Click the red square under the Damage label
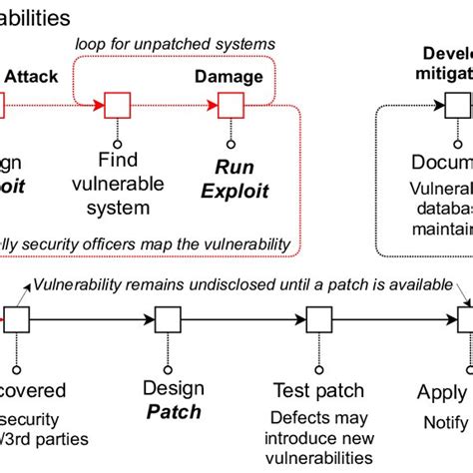(232, 104)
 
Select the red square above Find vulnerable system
(119, 104)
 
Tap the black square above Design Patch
(169, 319)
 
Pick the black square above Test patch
(319, 319)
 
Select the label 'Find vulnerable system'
(124, 184)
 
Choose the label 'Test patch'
(319, 389)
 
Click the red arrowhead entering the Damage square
(213, 104)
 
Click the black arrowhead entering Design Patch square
(151, 319)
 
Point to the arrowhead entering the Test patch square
(301, 319)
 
